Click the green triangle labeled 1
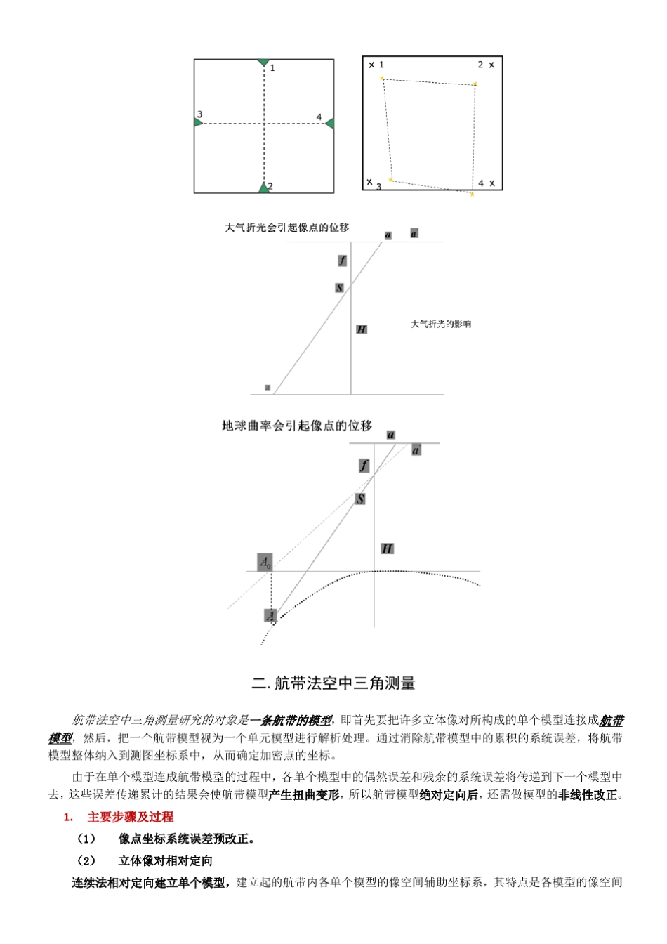click(263, 63)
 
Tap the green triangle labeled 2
click(263, 188)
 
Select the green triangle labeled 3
click(198, 122)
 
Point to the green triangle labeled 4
click(329, 124)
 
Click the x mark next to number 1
click(371, 65)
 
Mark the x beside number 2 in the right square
click(491, 65)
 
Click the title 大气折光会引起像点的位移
click(287, 228)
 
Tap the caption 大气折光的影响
click(441, 324)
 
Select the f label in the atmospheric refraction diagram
click(342, 261)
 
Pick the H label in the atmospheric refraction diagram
click(362, 329)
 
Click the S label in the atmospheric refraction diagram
click(339, 288)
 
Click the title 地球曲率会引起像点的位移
click(297, 426)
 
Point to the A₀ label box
click(265, 562)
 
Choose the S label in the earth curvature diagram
click(360, 499)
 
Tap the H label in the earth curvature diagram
click(387, 549)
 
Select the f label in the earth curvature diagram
click(364, 466)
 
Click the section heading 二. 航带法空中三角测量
click(333, 683)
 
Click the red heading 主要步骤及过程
click(130, 817)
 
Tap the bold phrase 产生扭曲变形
click(304, 795)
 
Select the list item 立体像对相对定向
click(165, 860)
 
